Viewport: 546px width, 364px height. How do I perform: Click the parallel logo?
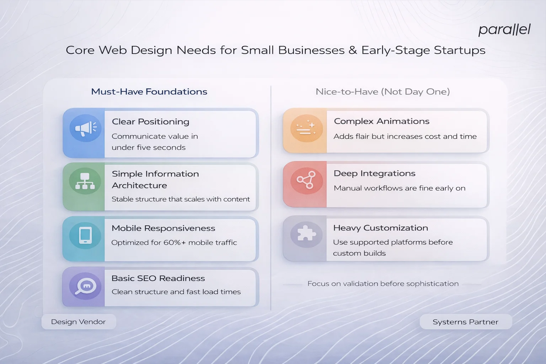pyautogui.click(x=504, y=30)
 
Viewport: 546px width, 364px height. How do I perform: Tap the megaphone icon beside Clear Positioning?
pyautogui.click(x=85, y=128)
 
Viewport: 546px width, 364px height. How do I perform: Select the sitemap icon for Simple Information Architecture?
pyautogui.click(x=85, y=181)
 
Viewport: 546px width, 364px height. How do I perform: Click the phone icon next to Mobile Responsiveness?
pyautogui.click(x=85, y=235)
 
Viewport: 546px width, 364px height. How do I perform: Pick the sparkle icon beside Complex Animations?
pyautogui.click(x=306, y=128)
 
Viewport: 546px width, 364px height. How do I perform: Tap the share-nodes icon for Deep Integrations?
pyautogui.click(x=306, y=180)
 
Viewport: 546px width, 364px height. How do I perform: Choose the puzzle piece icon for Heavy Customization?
pyautogui.click(x=306, y=234)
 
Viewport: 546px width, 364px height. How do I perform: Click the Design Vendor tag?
pyautogui.click(x=78, y=322)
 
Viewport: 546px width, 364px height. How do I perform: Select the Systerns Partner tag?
pyautogui.click(x=465, y=322)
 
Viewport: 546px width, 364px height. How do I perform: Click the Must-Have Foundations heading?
pyautogui.click(x=149, y=92)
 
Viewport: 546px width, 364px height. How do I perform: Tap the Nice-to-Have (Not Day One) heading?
pyautogui.click(x=382, y=92)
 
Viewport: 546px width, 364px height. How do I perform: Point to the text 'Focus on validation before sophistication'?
pyautogui.click(x=383, y=284)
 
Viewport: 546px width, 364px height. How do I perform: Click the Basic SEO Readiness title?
pyautogui.click(x=158, y=278)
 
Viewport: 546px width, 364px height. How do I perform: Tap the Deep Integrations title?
pyautogui.click(x=374, y=173)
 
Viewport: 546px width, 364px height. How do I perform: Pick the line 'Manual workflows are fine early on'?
pyautogui.click(x=399, y=188)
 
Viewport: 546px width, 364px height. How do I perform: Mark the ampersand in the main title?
pyautogui.click(x=353, y=50)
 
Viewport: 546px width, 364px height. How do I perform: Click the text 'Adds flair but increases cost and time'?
pyautogui.click(x=405, y=136)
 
